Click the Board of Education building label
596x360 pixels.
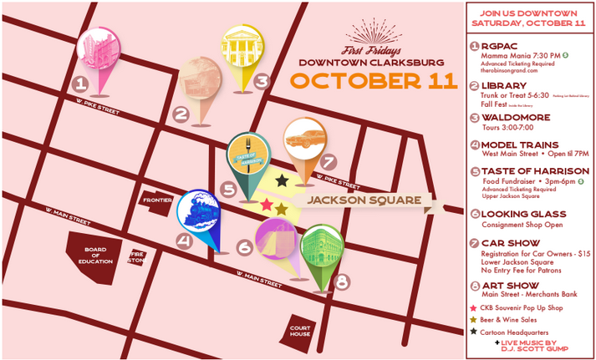click(x=95, y=254)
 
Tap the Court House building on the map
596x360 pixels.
click(x=301, y=330)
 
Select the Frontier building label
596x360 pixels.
click(x=156, y=200)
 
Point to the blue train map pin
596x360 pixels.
click(x=201, y=215)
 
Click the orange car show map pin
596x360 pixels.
click(x=304, y=144)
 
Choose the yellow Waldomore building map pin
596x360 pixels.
click(x=242, y=49)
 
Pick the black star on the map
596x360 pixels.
click(x=283, y=180)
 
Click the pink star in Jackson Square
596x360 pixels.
click(x=267, y=205)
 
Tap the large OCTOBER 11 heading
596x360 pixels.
click(x=374, y=81)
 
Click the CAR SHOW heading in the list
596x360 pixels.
click(x=509, y=244)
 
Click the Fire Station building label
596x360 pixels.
click(x=135, y=256)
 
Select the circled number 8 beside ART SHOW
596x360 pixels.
click(x=474, y=286)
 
